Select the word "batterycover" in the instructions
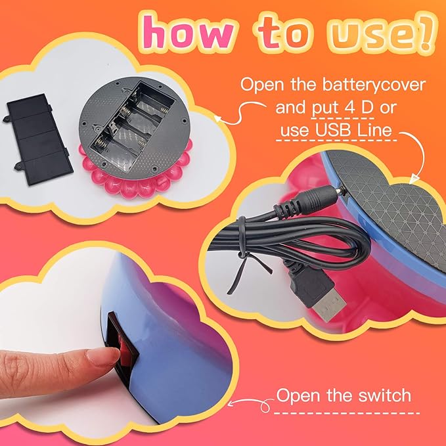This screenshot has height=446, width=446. point(374,85)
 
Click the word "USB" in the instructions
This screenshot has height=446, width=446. point(333,130)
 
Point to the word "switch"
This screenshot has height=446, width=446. point(385,395)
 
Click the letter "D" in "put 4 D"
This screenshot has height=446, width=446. point(367,108)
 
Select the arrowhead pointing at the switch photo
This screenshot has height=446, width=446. point(231,403)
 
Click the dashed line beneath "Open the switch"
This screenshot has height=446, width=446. point(347,413)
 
